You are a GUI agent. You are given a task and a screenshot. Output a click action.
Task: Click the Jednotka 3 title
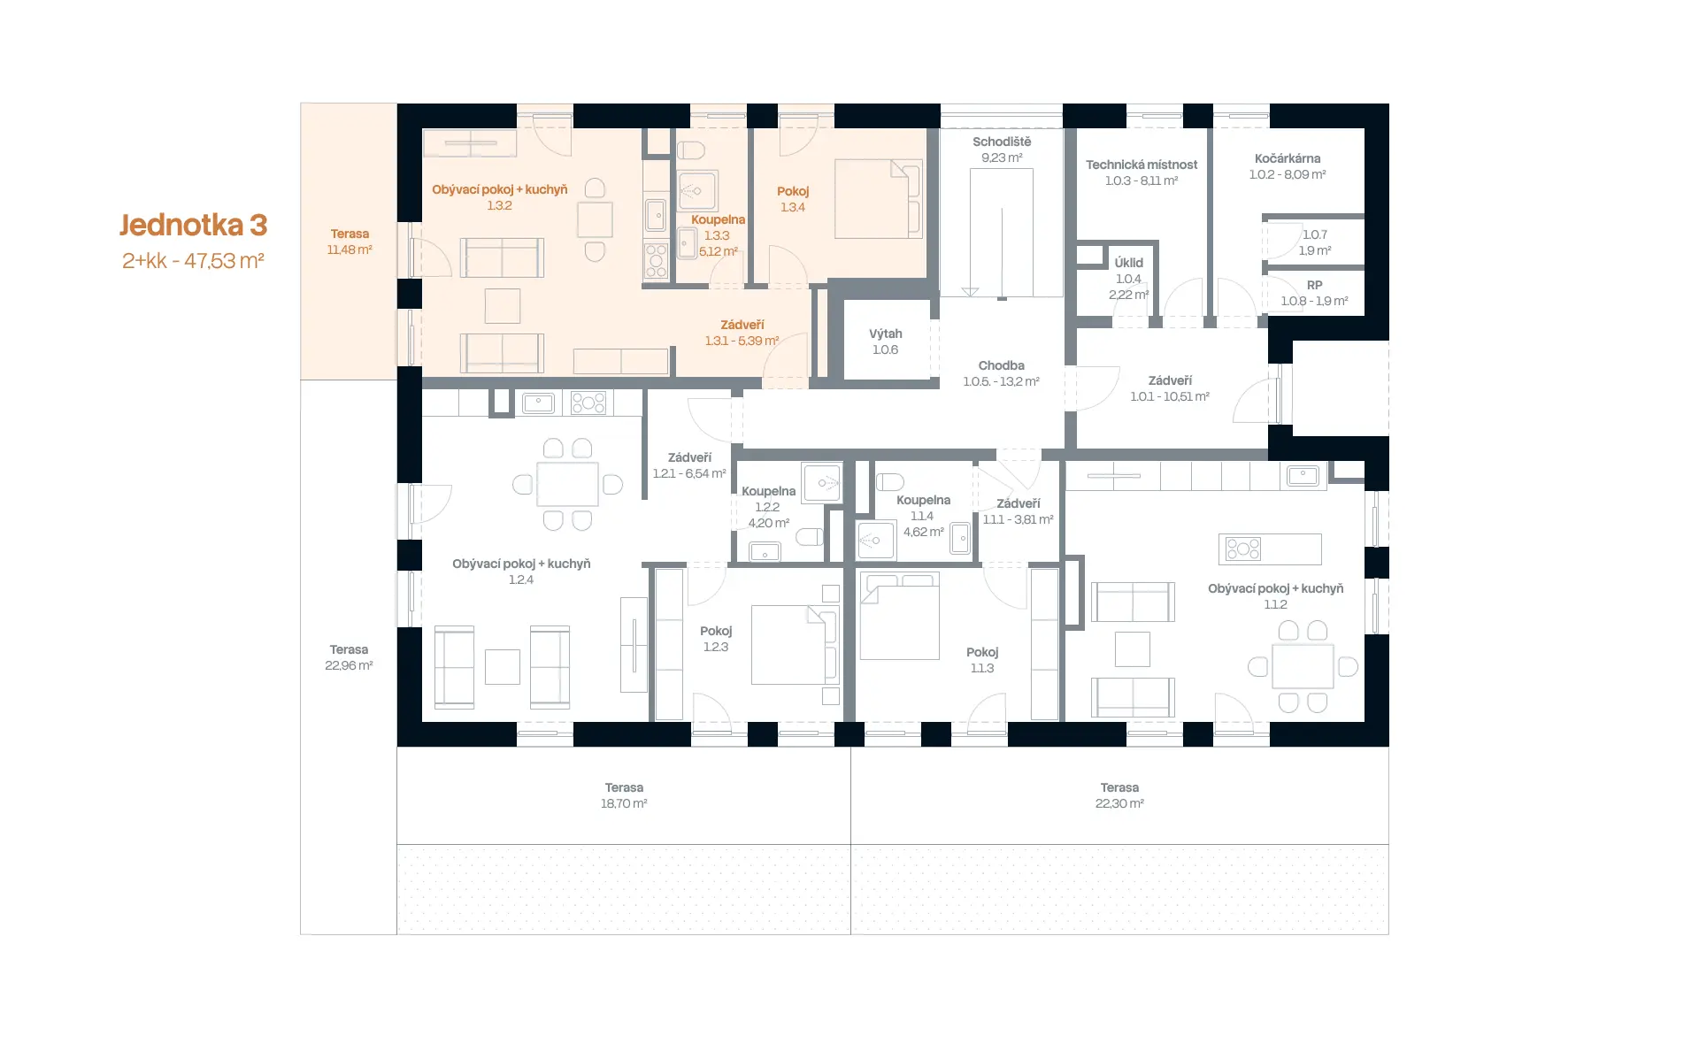coord(193,225)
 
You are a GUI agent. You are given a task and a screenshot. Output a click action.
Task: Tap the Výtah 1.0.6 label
coord(885,341)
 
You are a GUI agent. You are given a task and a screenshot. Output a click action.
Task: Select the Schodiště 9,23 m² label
coord(1002,150)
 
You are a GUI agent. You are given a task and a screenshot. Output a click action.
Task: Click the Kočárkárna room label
coord(1288,166)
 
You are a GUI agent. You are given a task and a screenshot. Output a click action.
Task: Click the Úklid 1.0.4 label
coord(1128,279)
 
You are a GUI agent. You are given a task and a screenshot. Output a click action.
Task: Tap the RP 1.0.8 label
coord(1314,293)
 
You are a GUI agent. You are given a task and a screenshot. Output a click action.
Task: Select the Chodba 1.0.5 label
coord(1002,373)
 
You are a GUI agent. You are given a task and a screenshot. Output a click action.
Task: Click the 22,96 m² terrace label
coord(349,657)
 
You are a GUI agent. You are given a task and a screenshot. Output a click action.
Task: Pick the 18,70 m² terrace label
coord(624,795)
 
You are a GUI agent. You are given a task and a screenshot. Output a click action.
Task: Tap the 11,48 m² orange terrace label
coord(350,242)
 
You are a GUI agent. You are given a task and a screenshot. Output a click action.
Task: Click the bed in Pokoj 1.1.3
coord(899,617)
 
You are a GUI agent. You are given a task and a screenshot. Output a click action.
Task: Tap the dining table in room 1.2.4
coord(567,484)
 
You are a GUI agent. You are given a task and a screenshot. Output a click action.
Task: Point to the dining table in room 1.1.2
coord(1303,666)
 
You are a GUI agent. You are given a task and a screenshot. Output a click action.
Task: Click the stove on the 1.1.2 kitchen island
coord(1243,549)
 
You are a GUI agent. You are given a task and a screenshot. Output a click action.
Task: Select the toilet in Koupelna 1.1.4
coord(890,482)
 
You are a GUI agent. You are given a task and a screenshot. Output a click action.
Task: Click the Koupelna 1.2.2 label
coord(768,507)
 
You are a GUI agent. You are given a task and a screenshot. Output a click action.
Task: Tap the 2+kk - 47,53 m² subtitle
coord(193,261)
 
